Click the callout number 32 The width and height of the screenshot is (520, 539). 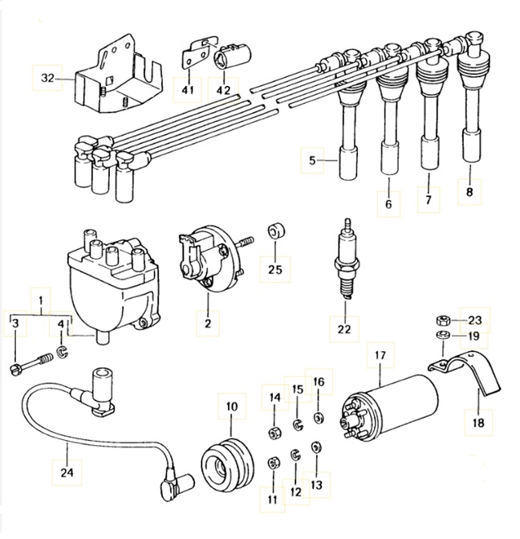[47, 78]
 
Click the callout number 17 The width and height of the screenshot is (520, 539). [380, 353]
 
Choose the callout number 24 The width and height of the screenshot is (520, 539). [67, 472]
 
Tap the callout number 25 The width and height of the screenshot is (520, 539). [275, 269]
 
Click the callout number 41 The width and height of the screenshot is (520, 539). [188, 89]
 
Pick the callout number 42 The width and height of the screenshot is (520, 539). [222, 89]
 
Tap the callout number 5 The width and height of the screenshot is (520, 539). [313, 161]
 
